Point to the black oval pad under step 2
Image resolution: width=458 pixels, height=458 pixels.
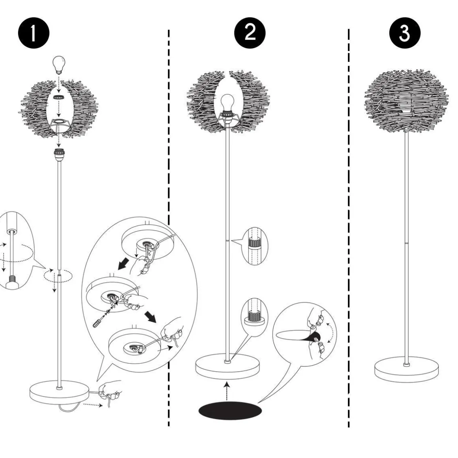pos(230,411)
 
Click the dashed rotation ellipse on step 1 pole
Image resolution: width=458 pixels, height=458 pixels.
pos(58,276)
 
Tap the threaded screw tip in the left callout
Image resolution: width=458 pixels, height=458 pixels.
pos(12,282)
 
